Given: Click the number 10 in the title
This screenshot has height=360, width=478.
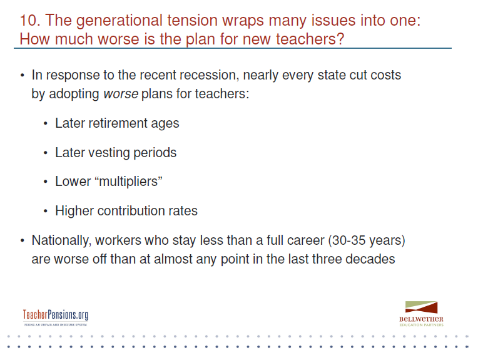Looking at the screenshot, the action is point(30,21).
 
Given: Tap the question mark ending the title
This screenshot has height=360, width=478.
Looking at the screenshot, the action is point(340,39).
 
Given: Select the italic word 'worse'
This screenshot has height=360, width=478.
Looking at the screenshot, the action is point(121,94).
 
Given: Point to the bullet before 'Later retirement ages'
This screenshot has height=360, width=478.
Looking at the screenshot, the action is point(46,123).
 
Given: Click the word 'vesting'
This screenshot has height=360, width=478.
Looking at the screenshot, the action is point(109,153).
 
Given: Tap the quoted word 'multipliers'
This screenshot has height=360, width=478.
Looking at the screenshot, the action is point(129,182).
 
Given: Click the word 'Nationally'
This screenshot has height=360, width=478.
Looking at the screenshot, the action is point(61,240).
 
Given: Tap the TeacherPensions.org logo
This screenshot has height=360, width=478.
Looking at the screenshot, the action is point(56,317).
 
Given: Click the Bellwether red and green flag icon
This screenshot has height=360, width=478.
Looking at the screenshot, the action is point(421,307).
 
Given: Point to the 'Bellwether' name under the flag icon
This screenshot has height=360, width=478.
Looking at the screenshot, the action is point(421,319).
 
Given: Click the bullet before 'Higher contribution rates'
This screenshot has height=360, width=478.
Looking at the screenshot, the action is point(46,211).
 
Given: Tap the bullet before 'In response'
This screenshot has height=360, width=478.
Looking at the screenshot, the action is point(22,75).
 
